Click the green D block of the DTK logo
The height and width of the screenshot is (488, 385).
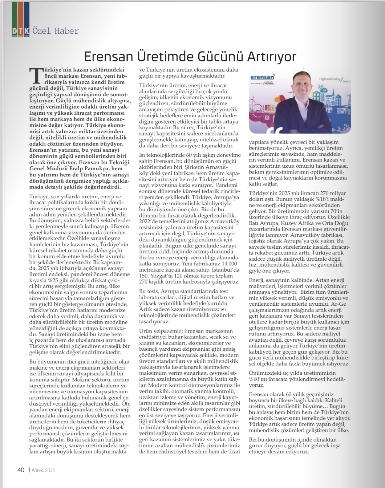[14, 31]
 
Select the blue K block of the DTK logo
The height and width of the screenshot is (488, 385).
[26, 31]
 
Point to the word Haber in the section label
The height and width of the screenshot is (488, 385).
[66, 31]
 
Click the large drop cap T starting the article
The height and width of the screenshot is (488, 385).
[36, 75]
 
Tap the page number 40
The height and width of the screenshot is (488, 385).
[21, 470]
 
